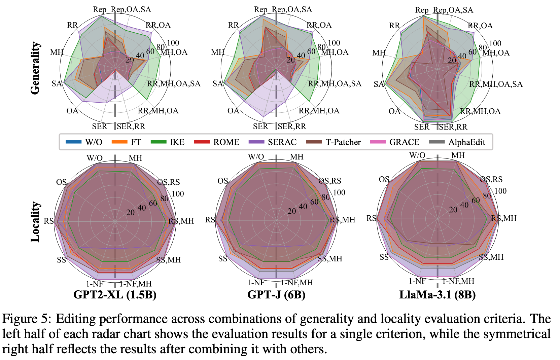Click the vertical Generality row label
[x=35, y=68]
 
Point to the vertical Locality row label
[x=35, y=222]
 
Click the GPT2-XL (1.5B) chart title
[x=115, y=295]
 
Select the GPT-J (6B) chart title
[x=276, y=295]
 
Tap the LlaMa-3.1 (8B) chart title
[x=438, y=295]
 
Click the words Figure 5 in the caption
[x=26, y=319]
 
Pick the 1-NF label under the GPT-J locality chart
[x=256, y=283]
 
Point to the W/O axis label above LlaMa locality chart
[x=417, y=155]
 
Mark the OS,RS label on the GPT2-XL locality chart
[x=169, y=182]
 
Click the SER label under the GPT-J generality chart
[x=260, y=127]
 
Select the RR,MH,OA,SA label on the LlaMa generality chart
[x=496, y=84]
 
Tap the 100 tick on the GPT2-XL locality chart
[x=178, y=194]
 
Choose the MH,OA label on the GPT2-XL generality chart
[x=174, y=52]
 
